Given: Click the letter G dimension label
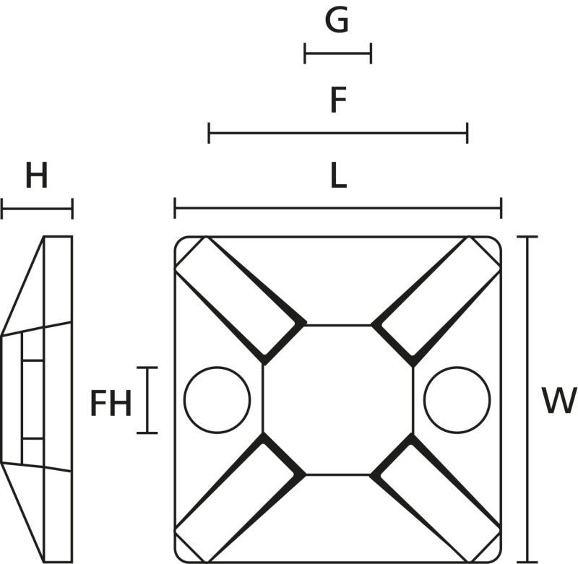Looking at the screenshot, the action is pos(337,20).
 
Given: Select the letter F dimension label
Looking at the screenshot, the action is pos(338,100).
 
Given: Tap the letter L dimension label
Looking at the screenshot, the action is pos(339,175).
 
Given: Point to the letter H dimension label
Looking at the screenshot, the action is pos(37,175).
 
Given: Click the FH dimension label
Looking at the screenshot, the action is pos(111,404).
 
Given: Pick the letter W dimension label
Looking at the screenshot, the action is pos(559,400).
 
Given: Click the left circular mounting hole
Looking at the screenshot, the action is pos(217,399).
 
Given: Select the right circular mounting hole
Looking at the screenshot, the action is pos(457,399).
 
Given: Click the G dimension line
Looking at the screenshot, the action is pos(337,53).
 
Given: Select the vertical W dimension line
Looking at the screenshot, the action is pos(527,399).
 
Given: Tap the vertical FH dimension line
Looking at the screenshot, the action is pos(147,400).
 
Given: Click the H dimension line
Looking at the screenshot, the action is pos(38,209).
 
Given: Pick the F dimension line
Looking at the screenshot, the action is pos(338,133).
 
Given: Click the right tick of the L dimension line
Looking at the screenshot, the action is pos(501,208).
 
